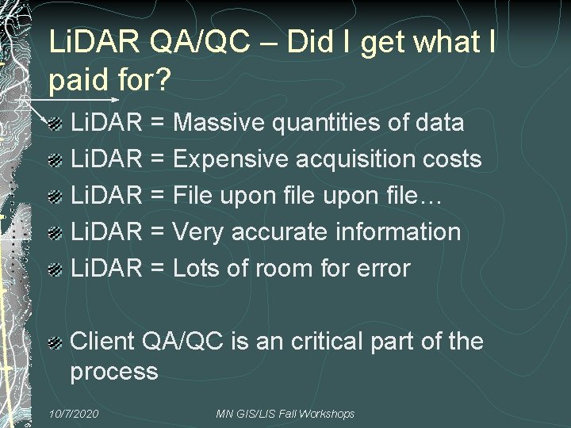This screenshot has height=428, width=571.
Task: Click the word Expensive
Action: pos(231,159)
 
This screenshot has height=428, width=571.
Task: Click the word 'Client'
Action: pos(102,342)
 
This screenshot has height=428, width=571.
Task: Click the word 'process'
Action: pos(114,372)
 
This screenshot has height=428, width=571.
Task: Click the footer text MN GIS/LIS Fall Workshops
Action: pos(285,414)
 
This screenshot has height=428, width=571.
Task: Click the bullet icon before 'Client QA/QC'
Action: pos(55,343)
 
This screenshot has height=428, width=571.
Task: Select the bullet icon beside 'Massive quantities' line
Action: pos(55,124)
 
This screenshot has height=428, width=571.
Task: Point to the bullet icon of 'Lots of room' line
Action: pos(55,270)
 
